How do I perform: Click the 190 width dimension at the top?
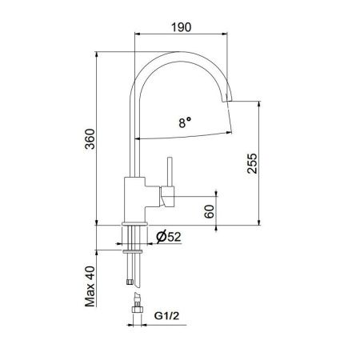point(182,26)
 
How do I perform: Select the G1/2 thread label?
point(166,313)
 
